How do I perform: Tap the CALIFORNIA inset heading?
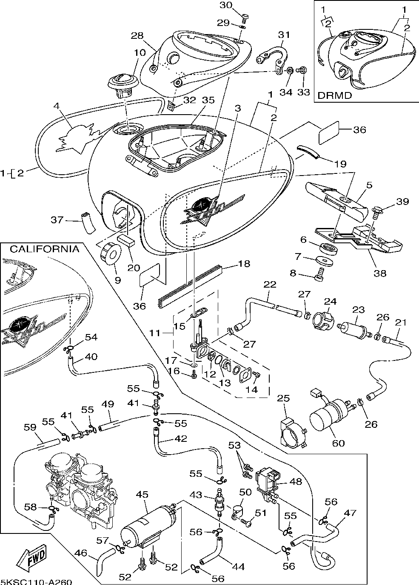coord(44,249)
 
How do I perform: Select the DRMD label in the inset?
coord(336,95)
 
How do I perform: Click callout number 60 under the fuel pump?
coord(338,443)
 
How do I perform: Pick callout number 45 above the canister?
coord(142,495)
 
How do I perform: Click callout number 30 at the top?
coord(226,5)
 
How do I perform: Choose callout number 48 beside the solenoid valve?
coord(295,481)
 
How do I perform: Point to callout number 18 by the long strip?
coord(244,264)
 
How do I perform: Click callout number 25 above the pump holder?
coord(283,399)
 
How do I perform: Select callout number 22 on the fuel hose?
coord(270,284)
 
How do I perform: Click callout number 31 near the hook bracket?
coord(284,35)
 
